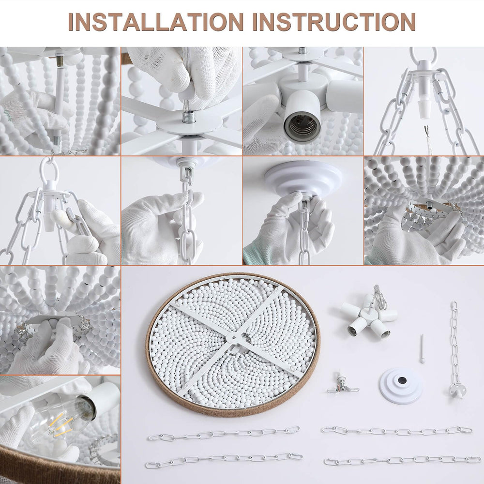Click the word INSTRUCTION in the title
click(334, 22)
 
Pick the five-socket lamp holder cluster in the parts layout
click(369, 317)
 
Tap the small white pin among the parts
click(422, 348)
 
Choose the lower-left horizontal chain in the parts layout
click(224, 460)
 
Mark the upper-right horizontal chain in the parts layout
click(396, 430)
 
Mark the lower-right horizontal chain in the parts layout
click(402, 460)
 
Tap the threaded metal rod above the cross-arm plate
click(188, 116)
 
